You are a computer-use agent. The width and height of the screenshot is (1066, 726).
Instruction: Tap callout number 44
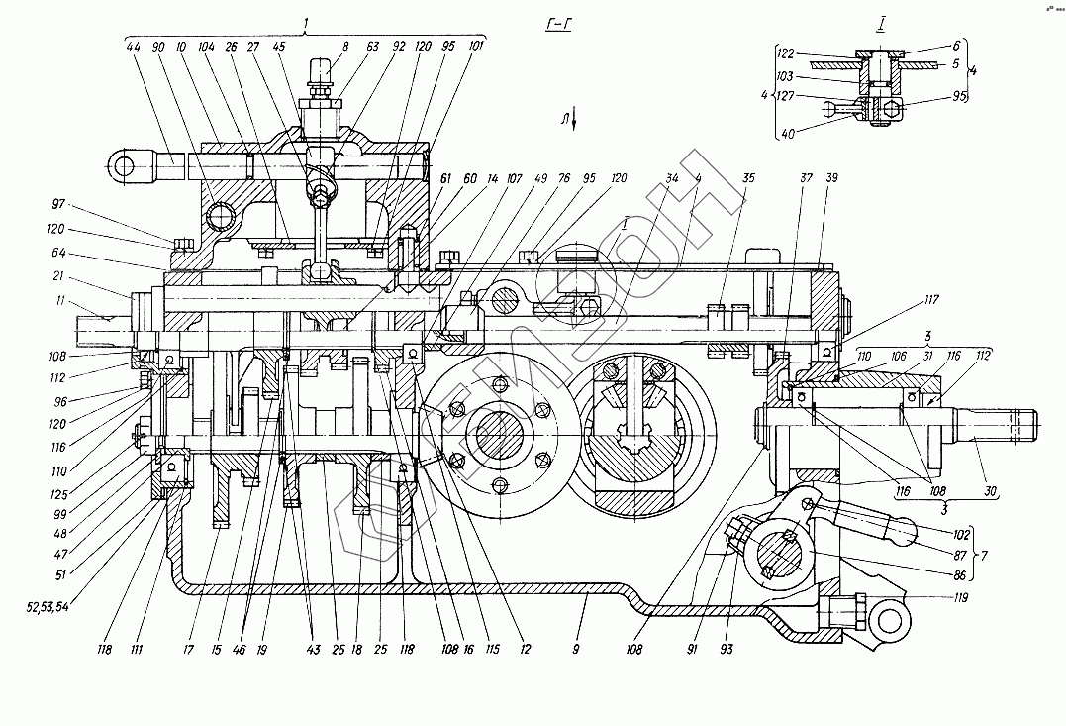(x=134, y=47)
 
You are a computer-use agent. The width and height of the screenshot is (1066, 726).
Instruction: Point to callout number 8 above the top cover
(x=344, y=46)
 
